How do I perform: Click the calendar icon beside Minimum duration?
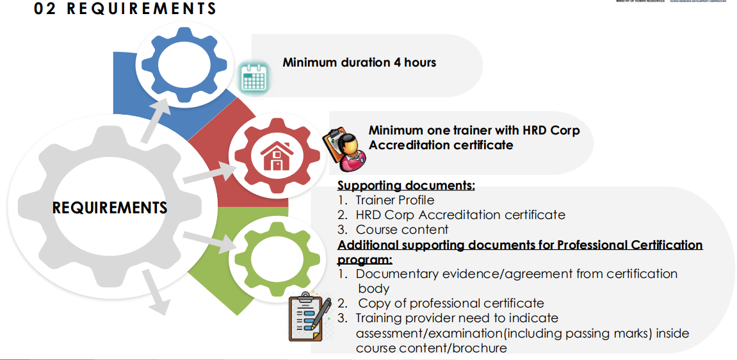click(x=254, y=78)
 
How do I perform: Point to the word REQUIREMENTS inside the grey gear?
click(x=109, y=208)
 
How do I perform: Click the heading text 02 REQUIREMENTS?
click(x=125, y=9)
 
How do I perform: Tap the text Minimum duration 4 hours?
click(x=359, y=63)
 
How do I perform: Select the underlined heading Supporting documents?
click(x=406, y=186)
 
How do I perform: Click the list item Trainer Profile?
click(x=394, y=200)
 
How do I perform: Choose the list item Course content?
click(x=401, y=229)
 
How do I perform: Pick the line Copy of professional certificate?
click(x=451, y=303)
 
